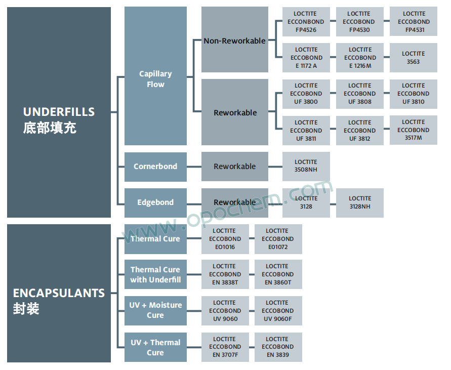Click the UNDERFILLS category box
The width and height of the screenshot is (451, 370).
59,112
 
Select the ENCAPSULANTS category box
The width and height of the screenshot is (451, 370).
59,294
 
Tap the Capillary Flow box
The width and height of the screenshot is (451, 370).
155,76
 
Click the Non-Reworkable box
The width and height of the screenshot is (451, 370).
235,39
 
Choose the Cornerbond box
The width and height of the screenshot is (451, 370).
155,167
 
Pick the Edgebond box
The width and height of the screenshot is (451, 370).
155,202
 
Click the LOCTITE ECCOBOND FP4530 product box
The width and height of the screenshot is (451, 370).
359,22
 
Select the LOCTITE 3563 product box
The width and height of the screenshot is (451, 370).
413,58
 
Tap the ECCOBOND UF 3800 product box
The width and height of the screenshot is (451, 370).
306,94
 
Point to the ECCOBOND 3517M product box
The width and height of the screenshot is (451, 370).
413,130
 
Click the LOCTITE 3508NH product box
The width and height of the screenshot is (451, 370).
306,167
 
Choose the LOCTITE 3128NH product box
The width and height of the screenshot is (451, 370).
359,202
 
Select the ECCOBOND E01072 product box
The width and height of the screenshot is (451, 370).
278,239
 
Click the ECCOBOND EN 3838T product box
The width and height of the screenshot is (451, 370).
225,275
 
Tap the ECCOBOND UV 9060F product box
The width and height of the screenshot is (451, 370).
278,311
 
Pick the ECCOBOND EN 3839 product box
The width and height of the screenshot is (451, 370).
278,347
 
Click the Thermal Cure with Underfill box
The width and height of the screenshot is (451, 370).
155,275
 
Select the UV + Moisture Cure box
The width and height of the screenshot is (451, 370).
155,311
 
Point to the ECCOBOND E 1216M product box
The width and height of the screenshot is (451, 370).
359,58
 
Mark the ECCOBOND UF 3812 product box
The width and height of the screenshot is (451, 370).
359,131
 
